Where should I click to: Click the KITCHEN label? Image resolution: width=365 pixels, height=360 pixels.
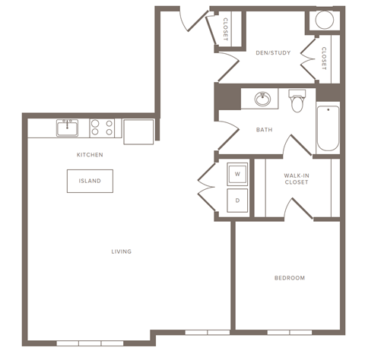click(90, 155)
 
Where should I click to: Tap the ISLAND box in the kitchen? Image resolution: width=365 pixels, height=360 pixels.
click(90, 182)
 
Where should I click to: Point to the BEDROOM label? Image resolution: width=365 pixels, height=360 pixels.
click(289, 278)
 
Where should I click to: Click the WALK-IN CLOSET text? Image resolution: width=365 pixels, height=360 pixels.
click(296, 179)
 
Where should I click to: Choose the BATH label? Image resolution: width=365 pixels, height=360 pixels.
click(264, 130)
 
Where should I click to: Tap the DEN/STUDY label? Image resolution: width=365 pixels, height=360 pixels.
click(269, 53)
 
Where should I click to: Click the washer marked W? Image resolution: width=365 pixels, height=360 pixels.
click(236, 174)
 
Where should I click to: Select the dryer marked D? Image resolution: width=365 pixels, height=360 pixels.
click(236, 201)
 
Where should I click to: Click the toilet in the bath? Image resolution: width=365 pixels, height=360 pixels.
click(297, 101)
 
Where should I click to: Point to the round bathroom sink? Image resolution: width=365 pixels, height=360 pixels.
click(263, 99)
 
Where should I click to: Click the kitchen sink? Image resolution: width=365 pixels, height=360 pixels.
click(68, 128)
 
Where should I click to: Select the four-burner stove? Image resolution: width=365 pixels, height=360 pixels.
click(102, 128)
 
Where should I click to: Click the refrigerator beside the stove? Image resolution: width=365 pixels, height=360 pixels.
click(139, 131)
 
